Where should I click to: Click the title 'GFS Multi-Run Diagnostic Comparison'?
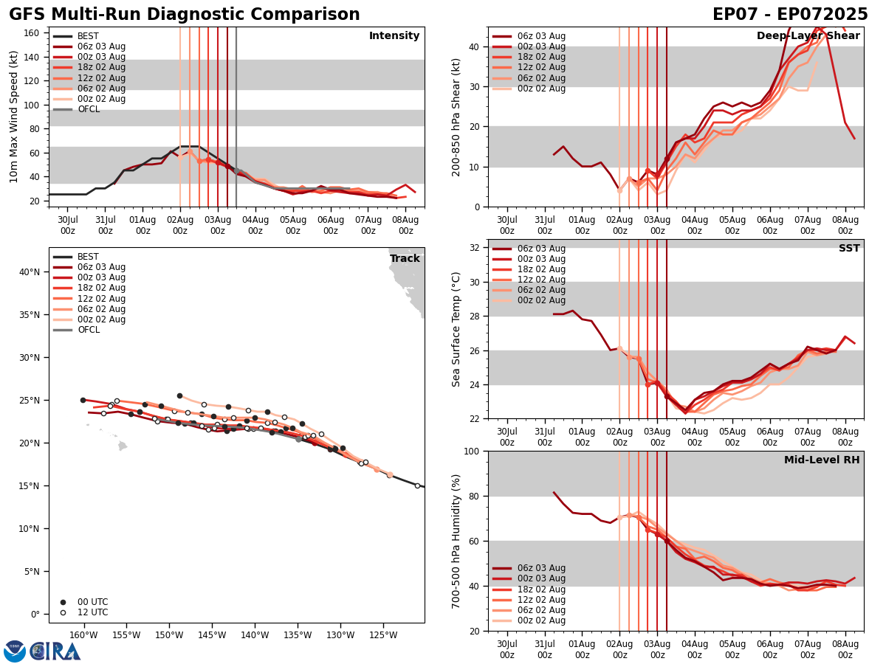185,15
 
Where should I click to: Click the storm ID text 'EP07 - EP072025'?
790,15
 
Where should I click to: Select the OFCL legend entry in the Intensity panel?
89,109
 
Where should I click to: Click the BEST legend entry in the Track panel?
88,257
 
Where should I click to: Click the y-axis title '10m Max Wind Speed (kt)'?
14,117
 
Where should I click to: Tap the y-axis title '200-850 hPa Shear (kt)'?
456,117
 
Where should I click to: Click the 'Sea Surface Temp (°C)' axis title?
456,329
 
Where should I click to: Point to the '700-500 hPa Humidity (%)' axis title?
456,541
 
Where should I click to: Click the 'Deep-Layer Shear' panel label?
808,36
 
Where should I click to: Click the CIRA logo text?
55,651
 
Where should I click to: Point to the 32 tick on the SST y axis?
475,248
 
